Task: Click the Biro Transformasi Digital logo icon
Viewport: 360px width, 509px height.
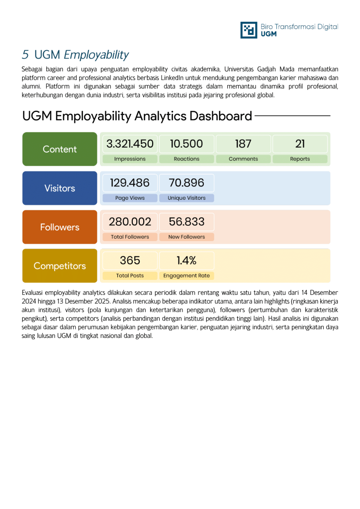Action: (x=249, y=30)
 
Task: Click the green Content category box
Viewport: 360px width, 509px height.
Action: (x=60, y=149)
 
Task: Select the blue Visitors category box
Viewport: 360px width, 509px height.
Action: (x=60, y=188)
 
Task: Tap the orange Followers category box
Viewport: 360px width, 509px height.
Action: (x=60, y=227)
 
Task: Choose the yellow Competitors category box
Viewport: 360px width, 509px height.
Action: (x=60, y=266)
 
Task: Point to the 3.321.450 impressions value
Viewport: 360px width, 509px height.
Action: (x=130, y=144)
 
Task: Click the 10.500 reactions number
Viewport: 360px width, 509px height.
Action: (x=186, y=144)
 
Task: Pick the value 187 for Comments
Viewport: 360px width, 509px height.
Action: (x=243, y=144)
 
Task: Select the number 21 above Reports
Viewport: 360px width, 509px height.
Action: (x=300, y=144)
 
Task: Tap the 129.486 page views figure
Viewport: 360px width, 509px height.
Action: (x=130, y=183)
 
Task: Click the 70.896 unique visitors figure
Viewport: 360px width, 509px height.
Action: (x=186, y=183)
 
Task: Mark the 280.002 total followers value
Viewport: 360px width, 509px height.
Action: (x=130, y=222)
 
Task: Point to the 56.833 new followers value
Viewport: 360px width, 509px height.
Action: (x=186, y=222)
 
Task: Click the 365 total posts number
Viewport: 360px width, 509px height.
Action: (x=130, y=260)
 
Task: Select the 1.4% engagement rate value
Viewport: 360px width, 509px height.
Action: (x=186, y=260)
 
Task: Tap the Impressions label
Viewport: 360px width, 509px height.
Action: (x=130, y=159)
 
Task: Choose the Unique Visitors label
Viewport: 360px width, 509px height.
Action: (x=186, y=198)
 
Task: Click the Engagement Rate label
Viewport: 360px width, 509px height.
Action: (x=186, y=275)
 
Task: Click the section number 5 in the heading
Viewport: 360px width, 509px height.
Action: (x=25, y=55)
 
